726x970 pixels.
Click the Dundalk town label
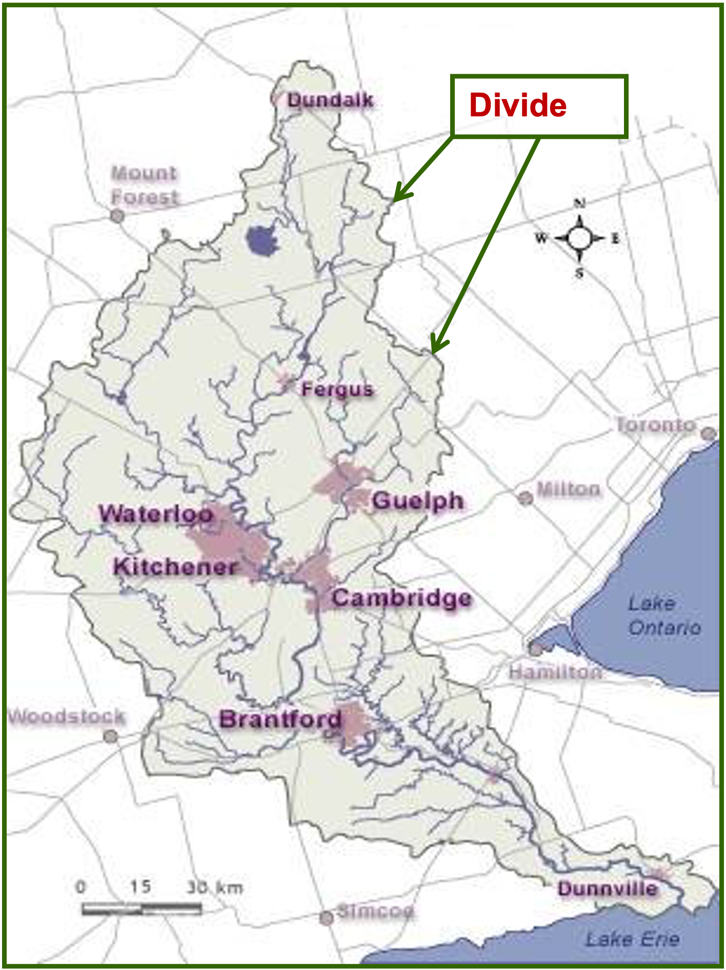tap(330, 100)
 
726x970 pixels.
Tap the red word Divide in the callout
tap(518, 105)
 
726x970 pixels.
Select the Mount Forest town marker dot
tap(118, 216)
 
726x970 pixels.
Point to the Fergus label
tap(337, 389)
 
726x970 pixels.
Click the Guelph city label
tap(418, 501)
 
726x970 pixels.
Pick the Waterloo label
tap(156, 514)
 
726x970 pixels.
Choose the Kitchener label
tap(175, 567)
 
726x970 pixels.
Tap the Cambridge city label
tap(401, 598)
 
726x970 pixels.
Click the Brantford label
tap(280, 719)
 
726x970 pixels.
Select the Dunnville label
tap(608, 888)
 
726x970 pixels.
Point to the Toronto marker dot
tap(709, 434)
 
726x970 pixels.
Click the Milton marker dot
tap(526, 498)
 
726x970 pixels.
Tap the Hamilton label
tap(555, 672)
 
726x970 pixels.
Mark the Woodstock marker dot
tap(110, 737)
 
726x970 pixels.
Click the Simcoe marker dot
tap(327, 918)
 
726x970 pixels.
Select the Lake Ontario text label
tap(664, 615)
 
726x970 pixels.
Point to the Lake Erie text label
tap(633, 939)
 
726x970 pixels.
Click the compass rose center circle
tap(580, 238)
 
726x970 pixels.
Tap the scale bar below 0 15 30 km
tap(142, 909)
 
